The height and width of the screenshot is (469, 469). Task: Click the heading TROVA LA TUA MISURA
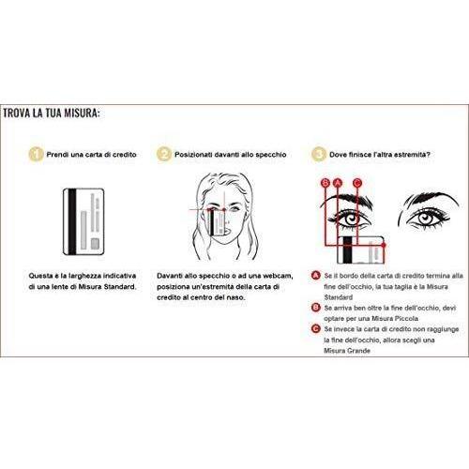pos(52,113)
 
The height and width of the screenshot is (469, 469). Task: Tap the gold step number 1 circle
pos(36,155)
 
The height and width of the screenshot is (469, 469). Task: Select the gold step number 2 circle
pos(164,155)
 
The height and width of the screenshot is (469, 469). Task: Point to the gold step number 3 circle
pos(319,155)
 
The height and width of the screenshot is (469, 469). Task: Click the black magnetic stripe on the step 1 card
pos(72,221)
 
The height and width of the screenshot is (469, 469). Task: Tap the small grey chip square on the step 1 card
pos(95,244)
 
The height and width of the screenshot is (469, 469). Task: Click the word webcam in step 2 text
pos(278,276)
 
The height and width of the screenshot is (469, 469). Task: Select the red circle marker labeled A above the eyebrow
pos(338,183)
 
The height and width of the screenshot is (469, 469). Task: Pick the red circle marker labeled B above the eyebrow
pos(325,183)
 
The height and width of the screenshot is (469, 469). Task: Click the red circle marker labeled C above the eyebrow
pos(357,183)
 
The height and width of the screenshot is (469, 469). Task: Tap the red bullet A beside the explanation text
pos(316,276)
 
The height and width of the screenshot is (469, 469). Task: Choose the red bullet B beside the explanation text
pos(316,308)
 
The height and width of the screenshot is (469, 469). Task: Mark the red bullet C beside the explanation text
pos(316,328)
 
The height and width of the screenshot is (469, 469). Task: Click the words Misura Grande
pos(347,351)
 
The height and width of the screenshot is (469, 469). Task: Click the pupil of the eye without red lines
pos(425,218)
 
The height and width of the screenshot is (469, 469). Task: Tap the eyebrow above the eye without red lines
pos(430,200)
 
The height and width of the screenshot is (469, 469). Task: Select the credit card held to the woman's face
pos(218,222)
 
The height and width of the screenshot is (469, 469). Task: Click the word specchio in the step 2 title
pos(271,155)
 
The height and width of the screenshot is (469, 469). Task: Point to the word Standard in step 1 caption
pos(120,286)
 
